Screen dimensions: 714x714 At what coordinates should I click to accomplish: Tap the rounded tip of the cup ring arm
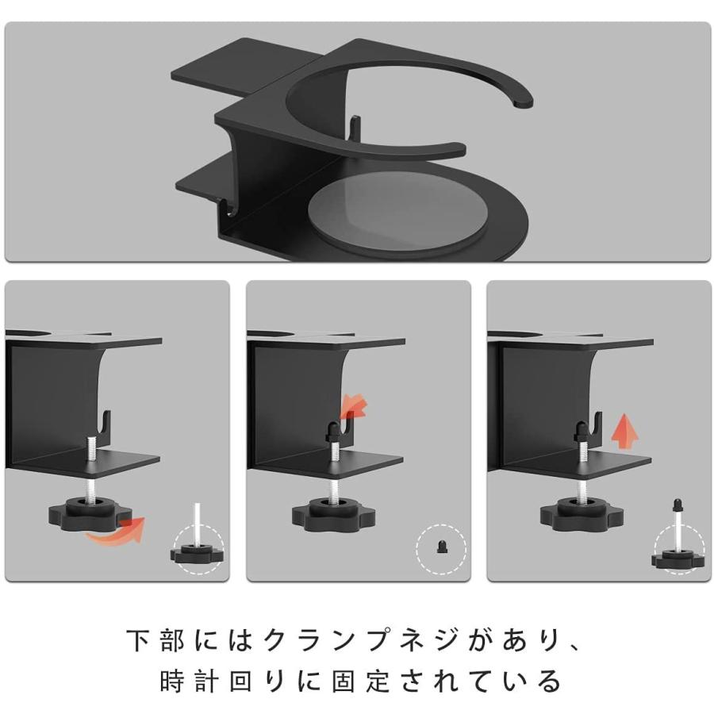click(524, 102)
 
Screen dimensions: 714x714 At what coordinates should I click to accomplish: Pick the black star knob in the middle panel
click(333, 515)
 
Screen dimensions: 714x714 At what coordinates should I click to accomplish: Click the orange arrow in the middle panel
click(355, 406)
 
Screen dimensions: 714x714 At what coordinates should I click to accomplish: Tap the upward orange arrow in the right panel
click(624, 433)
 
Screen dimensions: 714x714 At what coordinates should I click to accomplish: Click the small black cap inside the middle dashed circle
click(441, 547)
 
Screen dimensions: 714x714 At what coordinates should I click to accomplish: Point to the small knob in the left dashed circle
click(197, 552)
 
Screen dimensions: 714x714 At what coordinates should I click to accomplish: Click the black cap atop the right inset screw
click(678, 505)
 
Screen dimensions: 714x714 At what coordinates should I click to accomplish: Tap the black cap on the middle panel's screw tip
click(332, 432)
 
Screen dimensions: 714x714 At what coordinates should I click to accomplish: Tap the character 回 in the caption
click(241, 681)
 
